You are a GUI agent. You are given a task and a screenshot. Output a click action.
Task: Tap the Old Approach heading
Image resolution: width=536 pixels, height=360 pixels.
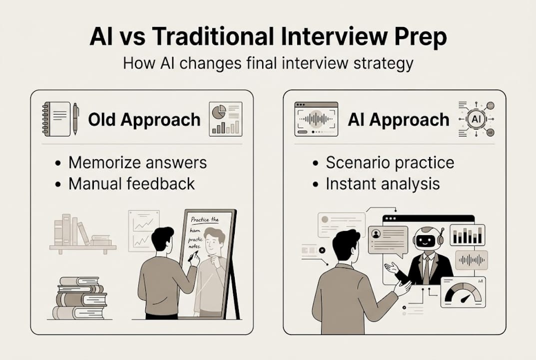pos(144,120)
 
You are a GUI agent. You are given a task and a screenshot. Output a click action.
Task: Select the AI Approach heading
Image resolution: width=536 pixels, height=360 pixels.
pos(398,120)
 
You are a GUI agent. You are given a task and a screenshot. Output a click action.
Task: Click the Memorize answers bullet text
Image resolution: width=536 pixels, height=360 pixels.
pos(137,162)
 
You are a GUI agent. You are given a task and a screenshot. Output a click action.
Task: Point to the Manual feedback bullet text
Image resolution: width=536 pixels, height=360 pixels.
pos(131,183)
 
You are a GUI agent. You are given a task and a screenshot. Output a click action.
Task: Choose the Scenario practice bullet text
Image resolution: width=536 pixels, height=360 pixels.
pos(390,162)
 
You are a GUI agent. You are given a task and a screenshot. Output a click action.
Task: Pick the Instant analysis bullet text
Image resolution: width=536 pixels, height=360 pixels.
pos(383,183)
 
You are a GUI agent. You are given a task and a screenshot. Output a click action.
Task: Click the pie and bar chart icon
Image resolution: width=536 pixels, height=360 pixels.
pos(225,118)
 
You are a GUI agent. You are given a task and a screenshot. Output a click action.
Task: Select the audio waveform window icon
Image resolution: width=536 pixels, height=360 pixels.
pos(316,119)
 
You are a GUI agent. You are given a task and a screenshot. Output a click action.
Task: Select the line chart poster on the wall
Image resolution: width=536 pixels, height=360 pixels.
pos(143,229)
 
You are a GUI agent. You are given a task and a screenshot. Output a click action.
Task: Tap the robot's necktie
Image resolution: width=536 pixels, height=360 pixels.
pos(426,270)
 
